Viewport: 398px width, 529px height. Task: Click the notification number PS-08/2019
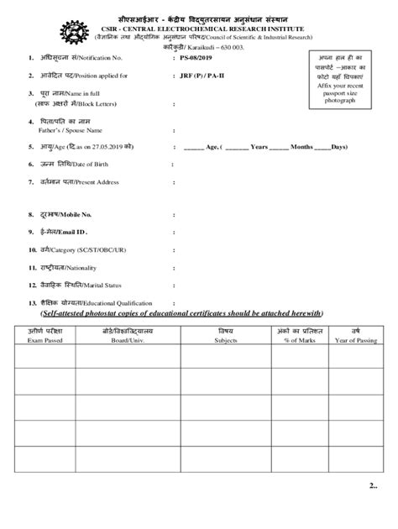point(201,58)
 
